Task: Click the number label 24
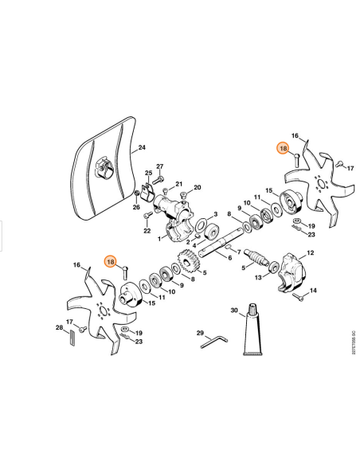click(143, 147)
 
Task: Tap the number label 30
click(233, 310)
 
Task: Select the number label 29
click(200, 332)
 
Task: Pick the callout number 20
click(197, 189)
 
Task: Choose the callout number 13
click(257, 279)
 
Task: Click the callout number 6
click(229, 259)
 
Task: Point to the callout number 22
click(147, 231)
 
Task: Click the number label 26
click(136, 208)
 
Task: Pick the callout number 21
click(178, 183)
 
